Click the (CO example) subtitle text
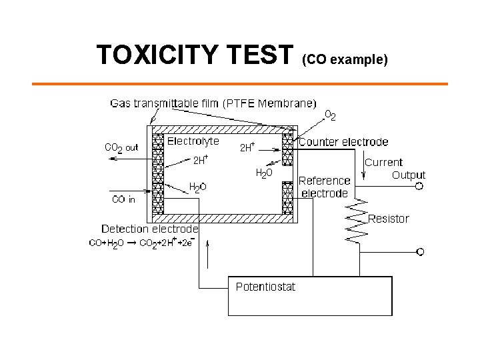pyautogui.click(x=345, y=60)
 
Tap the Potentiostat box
pyautogui.click(x=309, y=295)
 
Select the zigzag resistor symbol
pyautogui.click(x=359, y=220)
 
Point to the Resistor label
pyautogui.click(x=389, y=218)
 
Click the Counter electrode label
pyautogui.click(x=343, y=142)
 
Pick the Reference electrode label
pyautogui.click(x=324, y=187)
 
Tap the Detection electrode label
pyautogui.click(x=150, y=229)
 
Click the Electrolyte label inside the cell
pyautogui.click(x=193, y=141)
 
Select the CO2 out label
pyautogui.click(x=121, y=148)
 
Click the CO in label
pyautogui.click(x=123, y=199)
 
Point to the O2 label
pyautogui.click(x=329, y=115)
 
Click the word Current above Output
pyautogui.click(x=383, y=162)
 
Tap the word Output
pyautogui.click(x=408, y=175)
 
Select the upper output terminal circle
pyautogui.click(x=419, y=187)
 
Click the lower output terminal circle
pyautogui.click(x=419, y=251)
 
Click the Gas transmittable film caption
pyautogui.click(x=213, y=103)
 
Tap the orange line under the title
pyautogui.click(x=240, y=84)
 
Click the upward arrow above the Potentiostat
pyautogui.click(x=211, y=255)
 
